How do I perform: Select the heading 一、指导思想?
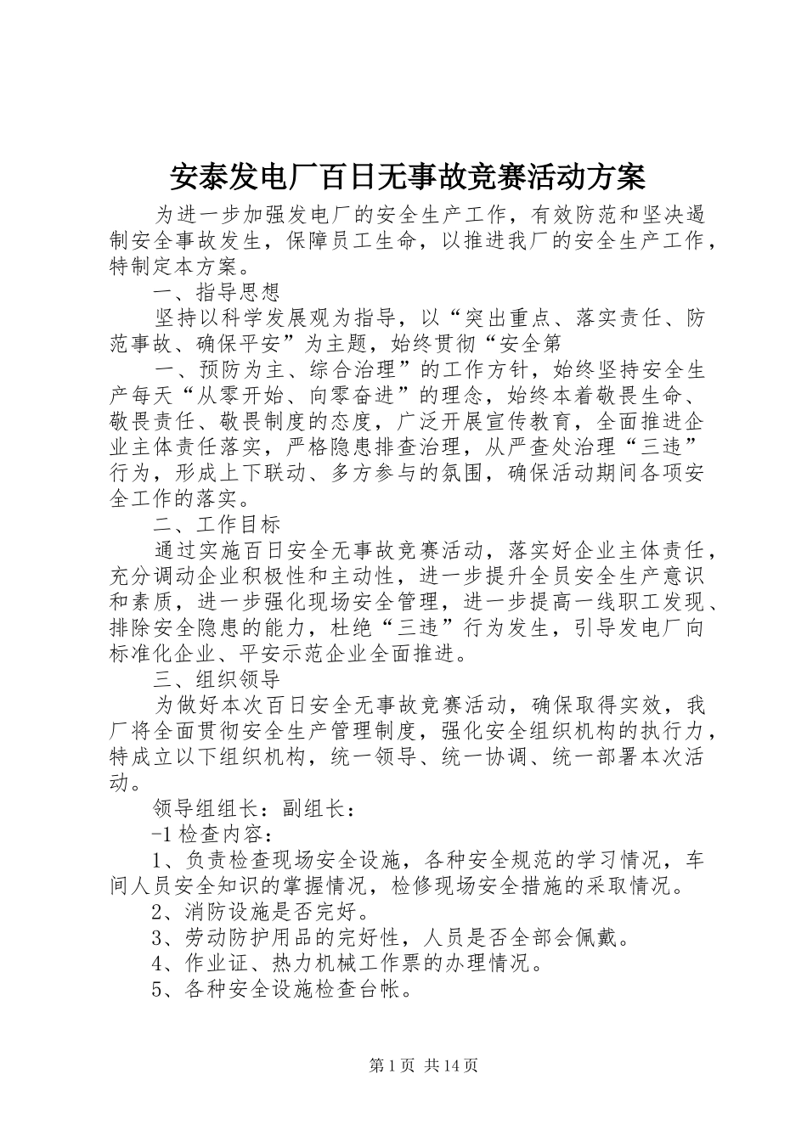[217, 293]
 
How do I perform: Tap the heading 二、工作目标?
[217, 524]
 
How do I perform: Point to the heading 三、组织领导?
[217, 679]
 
